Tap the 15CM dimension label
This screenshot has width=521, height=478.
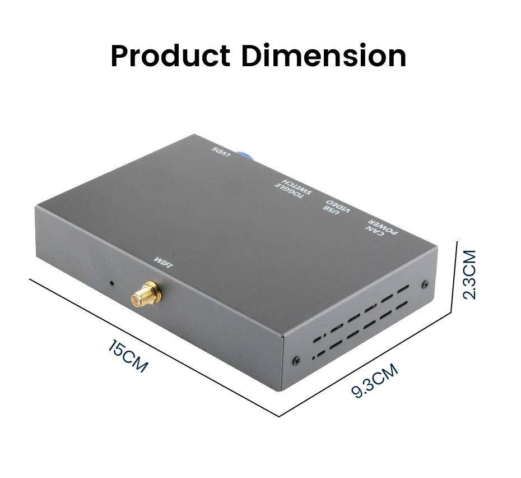(128, 356)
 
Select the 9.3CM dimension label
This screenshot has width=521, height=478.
(374, 380)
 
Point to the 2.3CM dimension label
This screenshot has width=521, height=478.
(470, 275)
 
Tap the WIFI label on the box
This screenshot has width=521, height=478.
(163, 263)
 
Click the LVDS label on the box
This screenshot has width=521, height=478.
(221, 152)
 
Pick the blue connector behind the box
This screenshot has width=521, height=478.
(244, 154)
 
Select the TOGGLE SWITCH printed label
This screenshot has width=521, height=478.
(293, 189)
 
